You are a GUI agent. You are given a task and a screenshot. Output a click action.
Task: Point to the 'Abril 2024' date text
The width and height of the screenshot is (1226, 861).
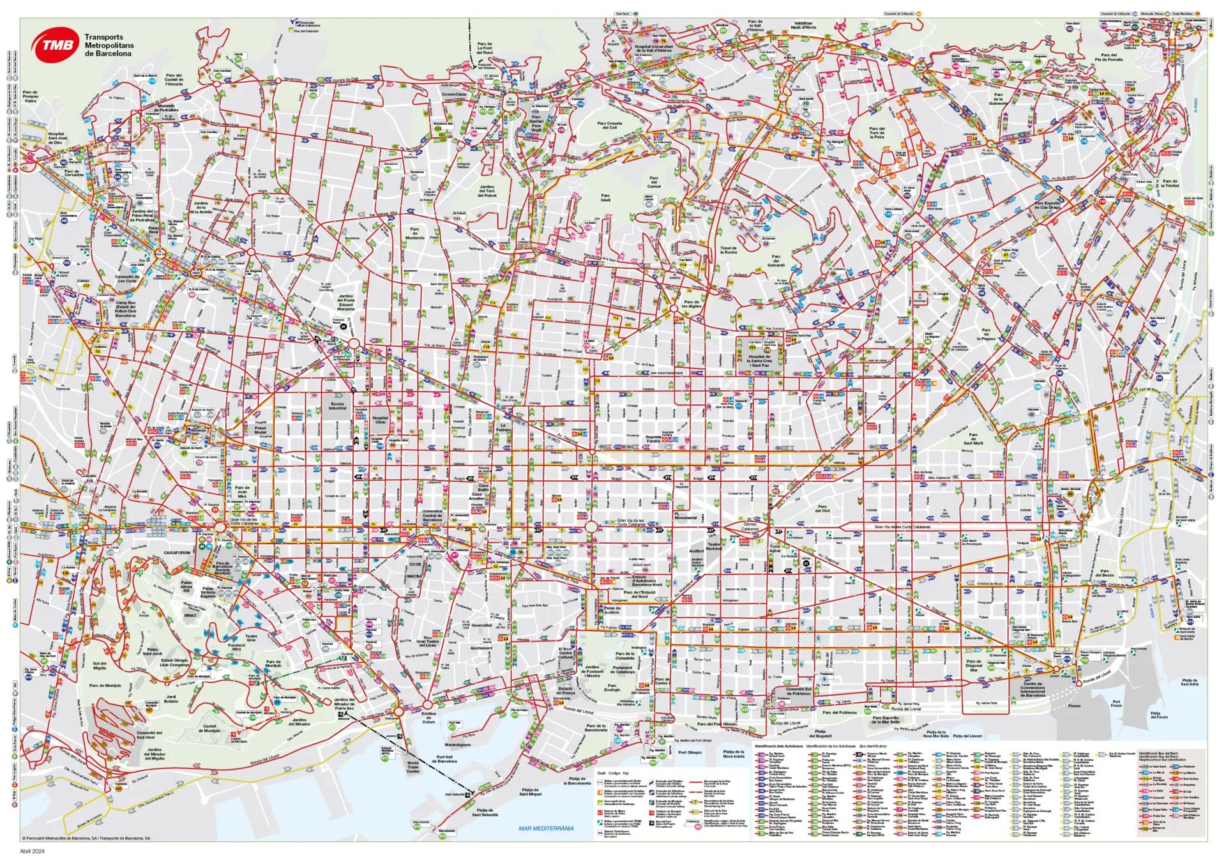32,851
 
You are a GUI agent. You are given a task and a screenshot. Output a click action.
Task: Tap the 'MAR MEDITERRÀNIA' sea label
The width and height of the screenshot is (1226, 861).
545,828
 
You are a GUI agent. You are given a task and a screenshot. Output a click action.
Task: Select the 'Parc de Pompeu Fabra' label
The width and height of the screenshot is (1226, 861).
30,96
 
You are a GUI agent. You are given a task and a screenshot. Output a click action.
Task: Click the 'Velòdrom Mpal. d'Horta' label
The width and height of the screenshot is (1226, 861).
803,26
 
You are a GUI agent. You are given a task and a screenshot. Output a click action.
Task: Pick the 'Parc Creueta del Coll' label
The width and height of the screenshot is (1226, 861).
609,125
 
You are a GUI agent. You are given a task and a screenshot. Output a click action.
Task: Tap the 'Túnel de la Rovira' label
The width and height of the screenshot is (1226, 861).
729,250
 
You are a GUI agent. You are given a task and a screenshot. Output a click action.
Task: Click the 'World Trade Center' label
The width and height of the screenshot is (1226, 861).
413,766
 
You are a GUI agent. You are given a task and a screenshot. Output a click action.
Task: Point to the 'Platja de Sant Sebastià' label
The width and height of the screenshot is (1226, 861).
485,812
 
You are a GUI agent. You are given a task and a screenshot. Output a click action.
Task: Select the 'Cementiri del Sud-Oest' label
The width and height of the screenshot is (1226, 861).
149,735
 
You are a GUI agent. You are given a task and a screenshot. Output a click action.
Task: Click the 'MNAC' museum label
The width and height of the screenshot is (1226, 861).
190,615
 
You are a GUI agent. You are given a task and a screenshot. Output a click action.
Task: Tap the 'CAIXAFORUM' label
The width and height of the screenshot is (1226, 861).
178,552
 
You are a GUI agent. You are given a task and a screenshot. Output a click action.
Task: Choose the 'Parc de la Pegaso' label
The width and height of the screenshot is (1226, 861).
986,335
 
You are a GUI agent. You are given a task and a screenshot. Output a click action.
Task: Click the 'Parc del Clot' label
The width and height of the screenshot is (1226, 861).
822,508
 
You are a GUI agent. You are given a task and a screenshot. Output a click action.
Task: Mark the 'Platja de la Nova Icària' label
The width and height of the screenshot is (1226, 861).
734,754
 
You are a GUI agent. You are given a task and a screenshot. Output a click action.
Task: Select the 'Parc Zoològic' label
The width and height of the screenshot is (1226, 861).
612,687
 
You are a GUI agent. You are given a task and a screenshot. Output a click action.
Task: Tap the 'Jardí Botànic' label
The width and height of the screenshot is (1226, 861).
171,699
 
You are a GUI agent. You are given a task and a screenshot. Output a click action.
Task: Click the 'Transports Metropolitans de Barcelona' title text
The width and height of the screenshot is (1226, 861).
109,45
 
